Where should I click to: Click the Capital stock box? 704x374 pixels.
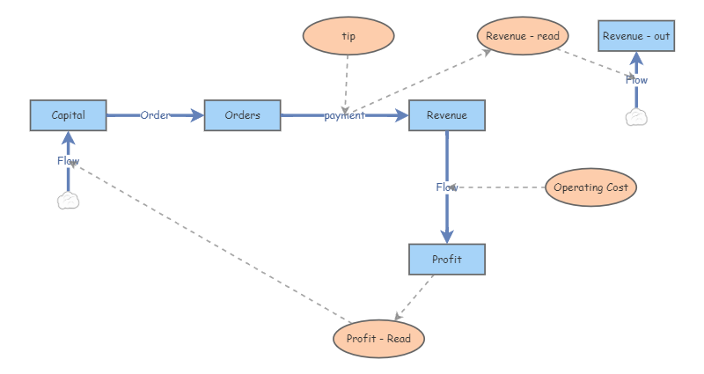pos(68,115)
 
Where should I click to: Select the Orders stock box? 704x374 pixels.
pos(242,115)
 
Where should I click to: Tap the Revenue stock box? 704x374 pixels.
pos(446,115)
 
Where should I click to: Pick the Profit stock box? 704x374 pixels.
pos(446,260)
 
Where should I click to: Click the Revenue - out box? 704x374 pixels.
pos(636,36)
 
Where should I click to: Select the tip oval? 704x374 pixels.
pos(348,36)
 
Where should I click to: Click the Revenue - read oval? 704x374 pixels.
pos(524,36)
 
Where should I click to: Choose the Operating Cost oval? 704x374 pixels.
pos(590,187)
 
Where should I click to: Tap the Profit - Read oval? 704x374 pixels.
pos(378,339)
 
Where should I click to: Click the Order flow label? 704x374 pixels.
pos(155,115)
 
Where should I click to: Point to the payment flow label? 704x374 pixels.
pos(344,115)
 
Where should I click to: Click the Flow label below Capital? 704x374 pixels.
pos(68,161)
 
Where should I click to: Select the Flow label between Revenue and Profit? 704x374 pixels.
pos(447,187)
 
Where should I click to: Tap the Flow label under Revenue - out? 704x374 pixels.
pos(636,80)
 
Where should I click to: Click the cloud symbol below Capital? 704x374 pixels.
pos(68,201)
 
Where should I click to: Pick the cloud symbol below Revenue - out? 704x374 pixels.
pos(636,118)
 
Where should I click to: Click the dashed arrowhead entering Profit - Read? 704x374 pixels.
pos(399,316)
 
